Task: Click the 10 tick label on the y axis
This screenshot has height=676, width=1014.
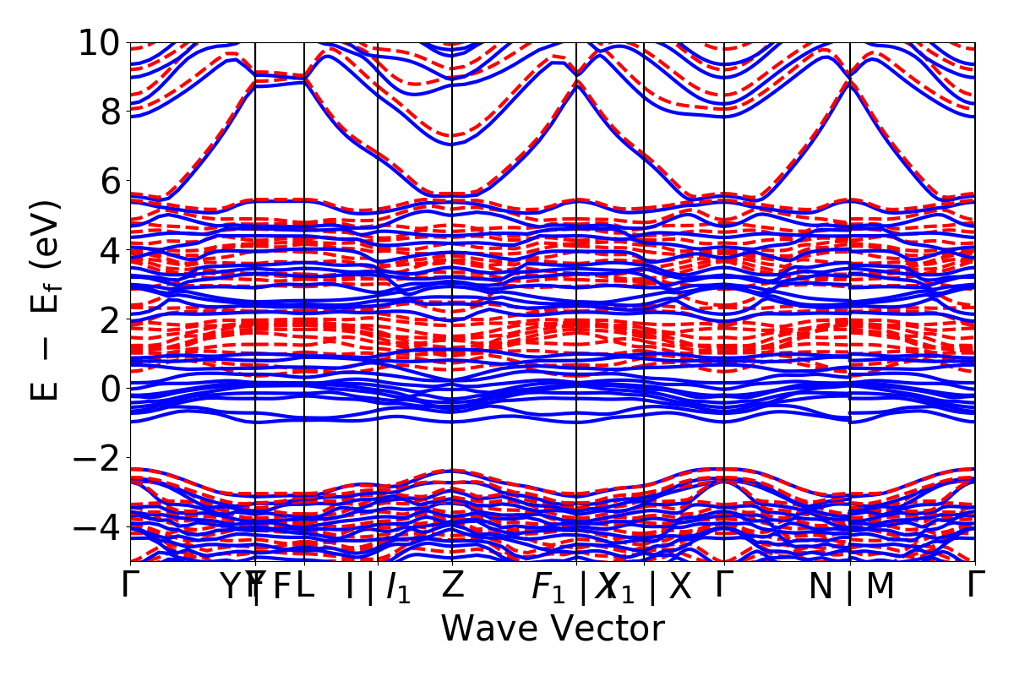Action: point(100,42)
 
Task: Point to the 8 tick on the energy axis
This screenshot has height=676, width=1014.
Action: point(110,112)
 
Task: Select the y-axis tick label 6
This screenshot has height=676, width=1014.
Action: point(110,181)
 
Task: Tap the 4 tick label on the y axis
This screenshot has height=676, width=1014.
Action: point(110,250)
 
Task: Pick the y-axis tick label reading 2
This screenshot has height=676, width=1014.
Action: point(110,319)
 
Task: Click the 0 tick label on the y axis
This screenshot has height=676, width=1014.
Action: point(110,389)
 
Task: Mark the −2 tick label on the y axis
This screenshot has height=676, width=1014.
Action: point(95,458)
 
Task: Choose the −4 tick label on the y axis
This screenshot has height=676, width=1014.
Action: point(95,527)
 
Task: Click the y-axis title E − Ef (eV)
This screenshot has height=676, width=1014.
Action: point(48,300)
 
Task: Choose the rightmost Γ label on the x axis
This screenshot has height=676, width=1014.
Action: point(976,585)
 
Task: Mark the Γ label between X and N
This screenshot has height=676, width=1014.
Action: point(724,585)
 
